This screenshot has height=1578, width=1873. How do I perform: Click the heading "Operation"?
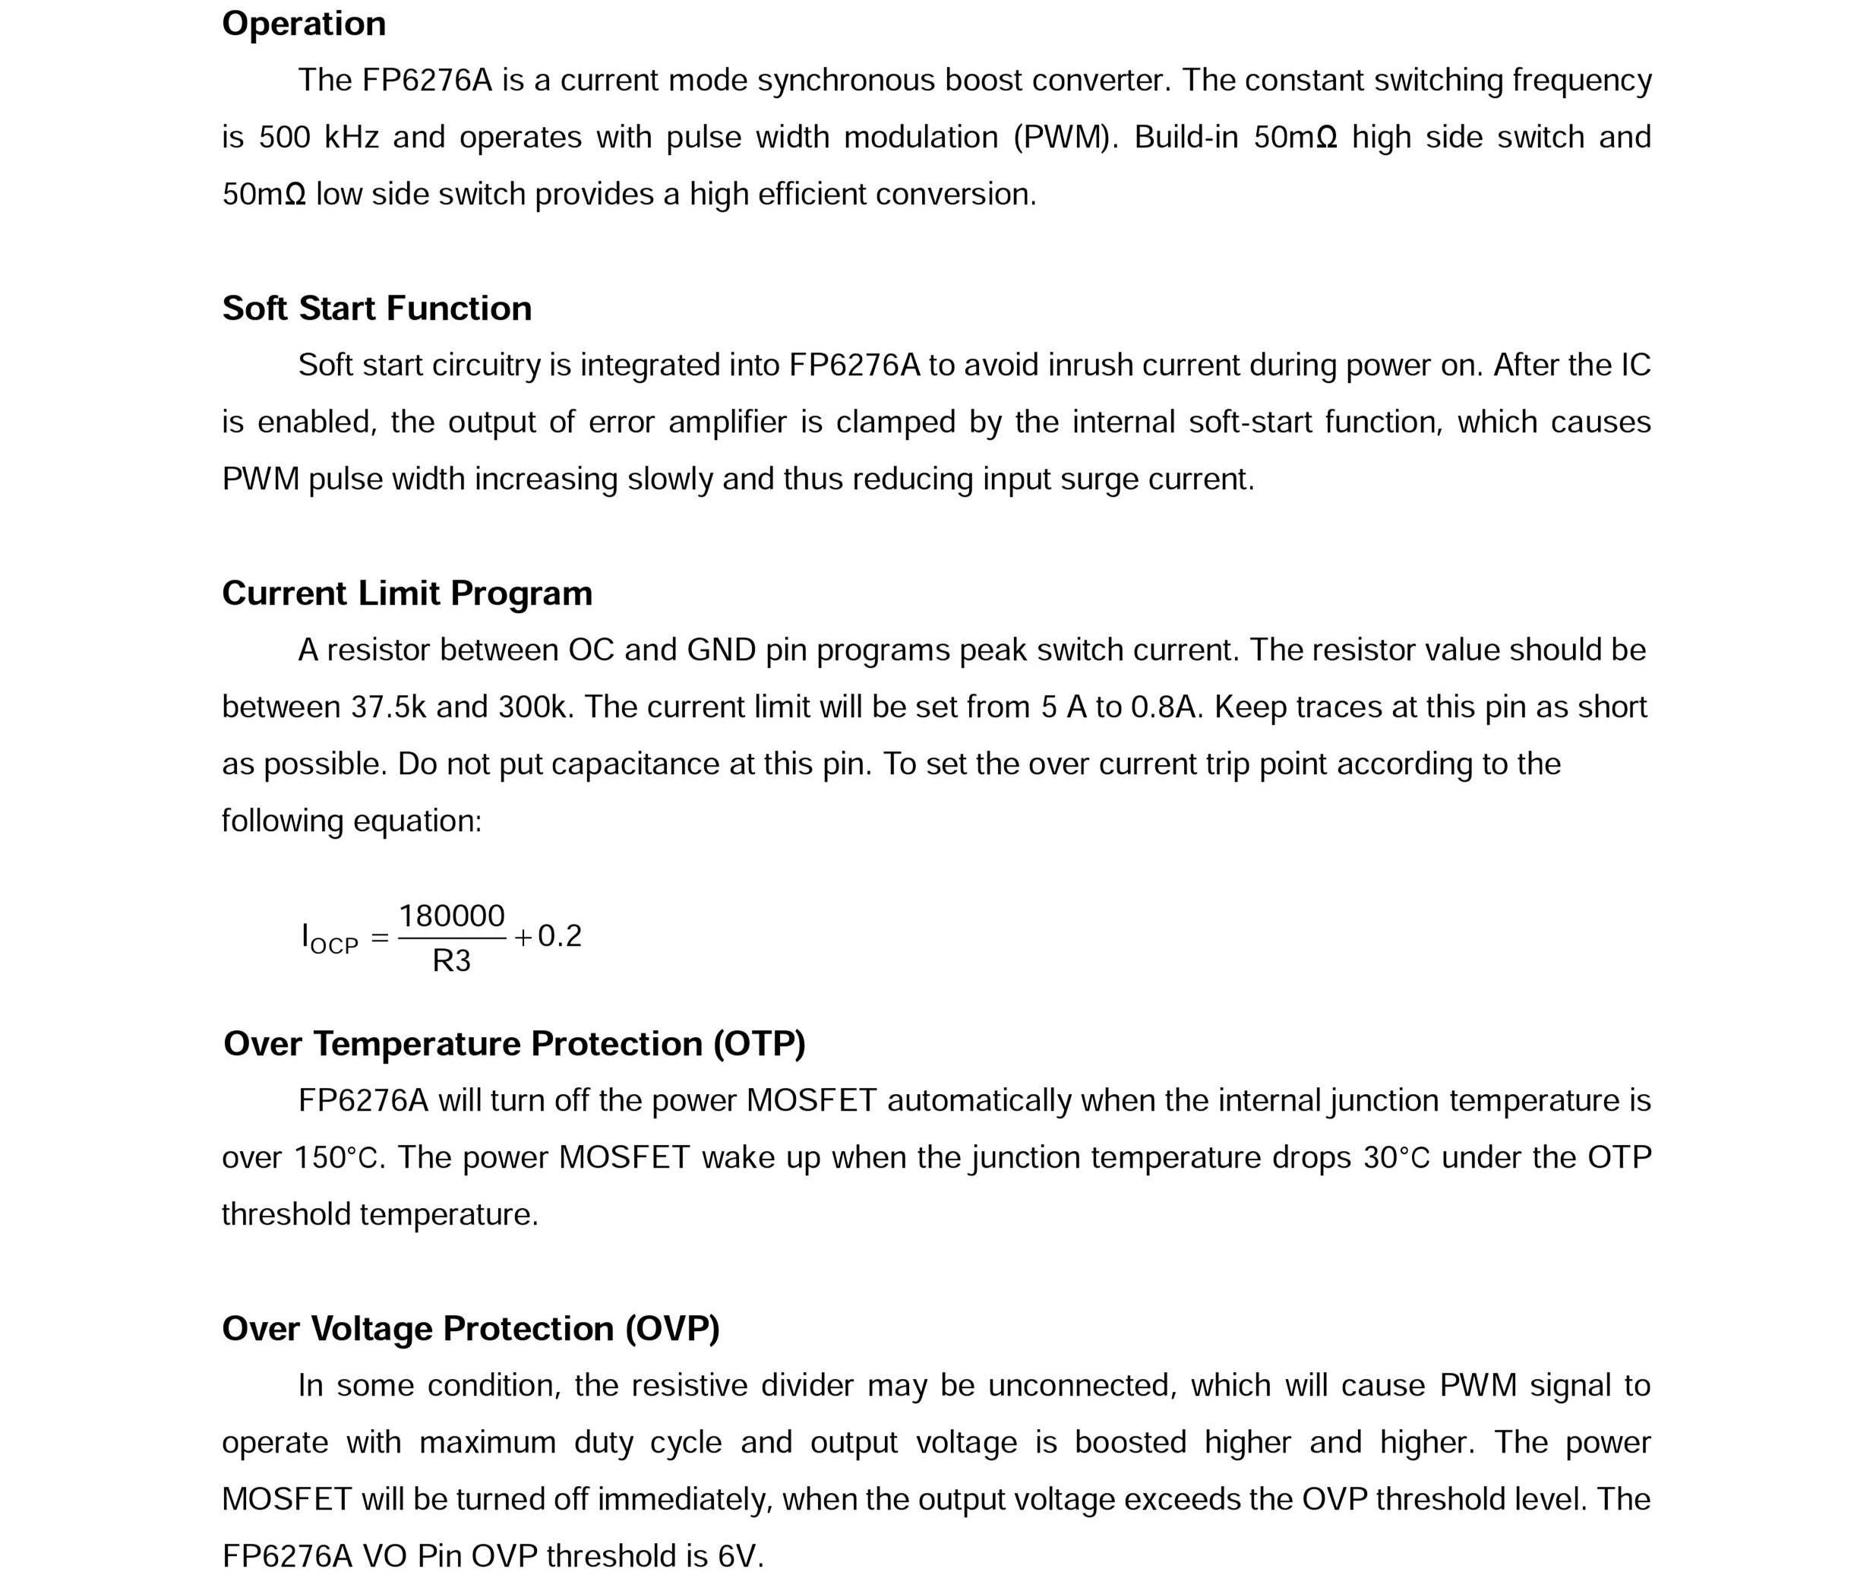point(303,24)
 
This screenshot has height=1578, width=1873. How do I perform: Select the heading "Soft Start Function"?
point(377,308)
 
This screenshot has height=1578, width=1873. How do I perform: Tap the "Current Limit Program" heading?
point(407,593)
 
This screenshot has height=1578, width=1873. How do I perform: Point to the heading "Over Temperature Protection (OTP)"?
point(514,1044)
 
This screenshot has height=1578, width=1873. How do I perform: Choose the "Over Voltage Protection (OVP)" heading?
point(470,1328)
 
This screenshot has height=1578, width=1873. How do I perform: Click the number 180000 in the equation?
point(452,916)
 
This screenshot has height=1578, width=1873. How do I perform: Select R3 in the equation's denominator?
point(452,961)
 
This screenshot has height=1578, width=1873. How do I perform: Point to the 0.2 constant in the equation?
point(560,937)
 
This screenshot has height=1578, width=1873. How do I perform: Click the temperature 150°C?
point(336,1159)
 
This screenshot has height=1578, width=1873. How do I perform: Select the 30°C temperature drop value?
point(1396,1159)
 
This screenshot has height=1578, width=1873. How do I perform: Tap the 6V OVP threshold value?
point(740,1557)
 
